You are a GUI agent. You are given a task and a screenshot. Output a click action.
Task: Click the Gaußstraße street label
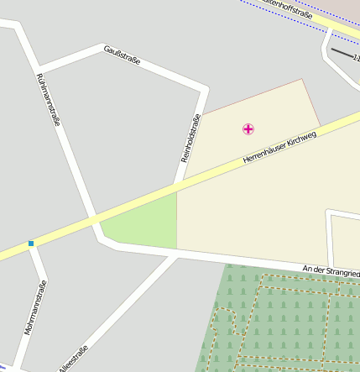[122, 56]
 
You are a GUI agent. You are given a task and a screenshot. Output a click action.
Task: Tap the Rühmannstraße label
[48, 99]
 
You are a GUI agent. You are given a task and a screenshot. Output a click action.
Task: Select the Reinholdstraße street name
[190, 138]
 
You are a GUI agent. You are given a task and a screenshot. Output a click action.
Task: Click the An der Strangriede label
[331, 270]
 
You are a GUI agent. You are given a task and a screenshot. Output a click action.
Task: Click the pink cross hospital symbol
[248, 128]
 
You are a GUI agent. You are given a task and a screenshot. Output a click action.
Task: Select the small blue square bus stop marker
[31, 244]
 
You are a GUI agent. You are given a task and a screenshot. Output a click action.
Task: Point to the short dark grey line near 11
[342, 53]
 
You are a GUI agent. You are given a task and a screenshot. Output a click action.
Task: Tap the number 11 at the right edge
[356, 59]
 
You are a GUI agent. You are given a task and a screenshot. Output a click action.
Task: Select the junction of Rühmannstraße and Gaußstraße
[37, 67]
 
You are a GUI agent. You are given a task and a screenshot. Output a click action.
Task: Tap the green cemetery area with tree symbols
[285, 323]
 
